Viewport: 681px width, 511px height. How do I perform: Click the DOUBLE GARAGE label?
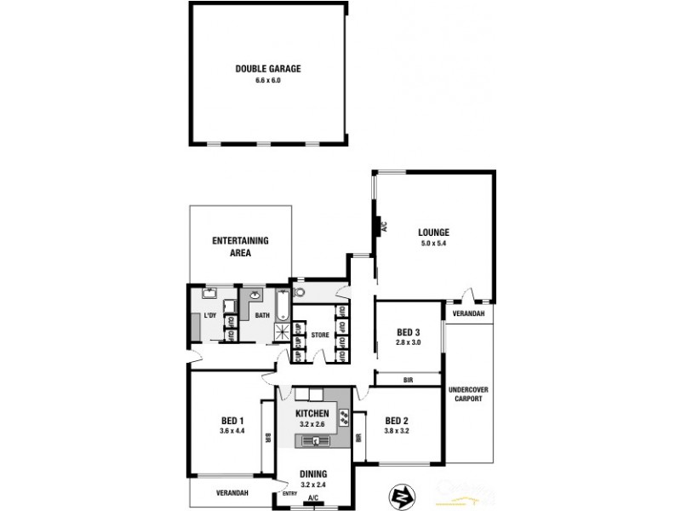[x=267, y=69]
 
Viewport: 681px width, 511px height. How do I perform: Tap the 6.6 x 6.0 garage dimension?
[x=267, y=80]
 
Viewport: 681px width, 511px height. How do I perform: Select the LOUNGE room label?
[x=433, y=232]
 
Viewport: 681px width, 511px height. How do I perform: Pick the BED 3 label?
[x=409, y=332]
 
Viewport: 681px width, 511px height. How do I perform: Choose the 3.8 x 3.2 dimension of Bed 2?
[x=398, y=431]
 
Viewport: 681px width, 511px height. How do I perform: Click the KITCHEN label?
[x=312, y=414]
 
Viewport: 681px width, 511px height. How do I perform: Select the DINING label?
[x=313, y=475]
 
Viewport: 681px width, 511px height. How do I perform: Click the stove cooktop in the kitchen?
[x=344, y=418]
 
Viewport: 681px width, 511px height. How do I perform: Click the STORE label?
[x=319, y=335]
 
